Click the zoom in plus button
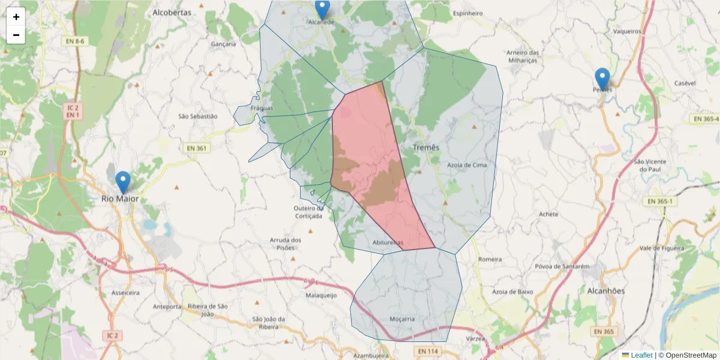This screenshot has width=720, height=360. coord(16,17)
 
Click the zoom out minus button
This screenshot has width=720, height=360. coord(16,35)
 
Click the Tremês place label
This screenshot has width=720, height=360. coord(426,148)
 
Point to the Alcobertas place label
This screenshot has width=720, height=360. coord(172,12)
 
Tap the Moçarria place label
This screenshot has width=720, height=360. coord(401,319)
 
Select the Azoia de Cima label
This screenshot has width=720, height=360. coord(467,164)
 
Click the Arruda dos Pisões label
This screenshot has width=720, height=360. coord(286,244)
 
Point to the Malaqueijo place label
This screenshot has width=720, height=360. coord(321,295)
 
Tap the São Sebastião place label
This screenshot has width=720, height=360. coord(198,116)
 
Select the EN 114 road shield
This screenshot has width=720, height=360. coord(428,350)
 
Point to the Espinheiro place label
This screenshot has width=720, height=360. coord(468,13)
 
